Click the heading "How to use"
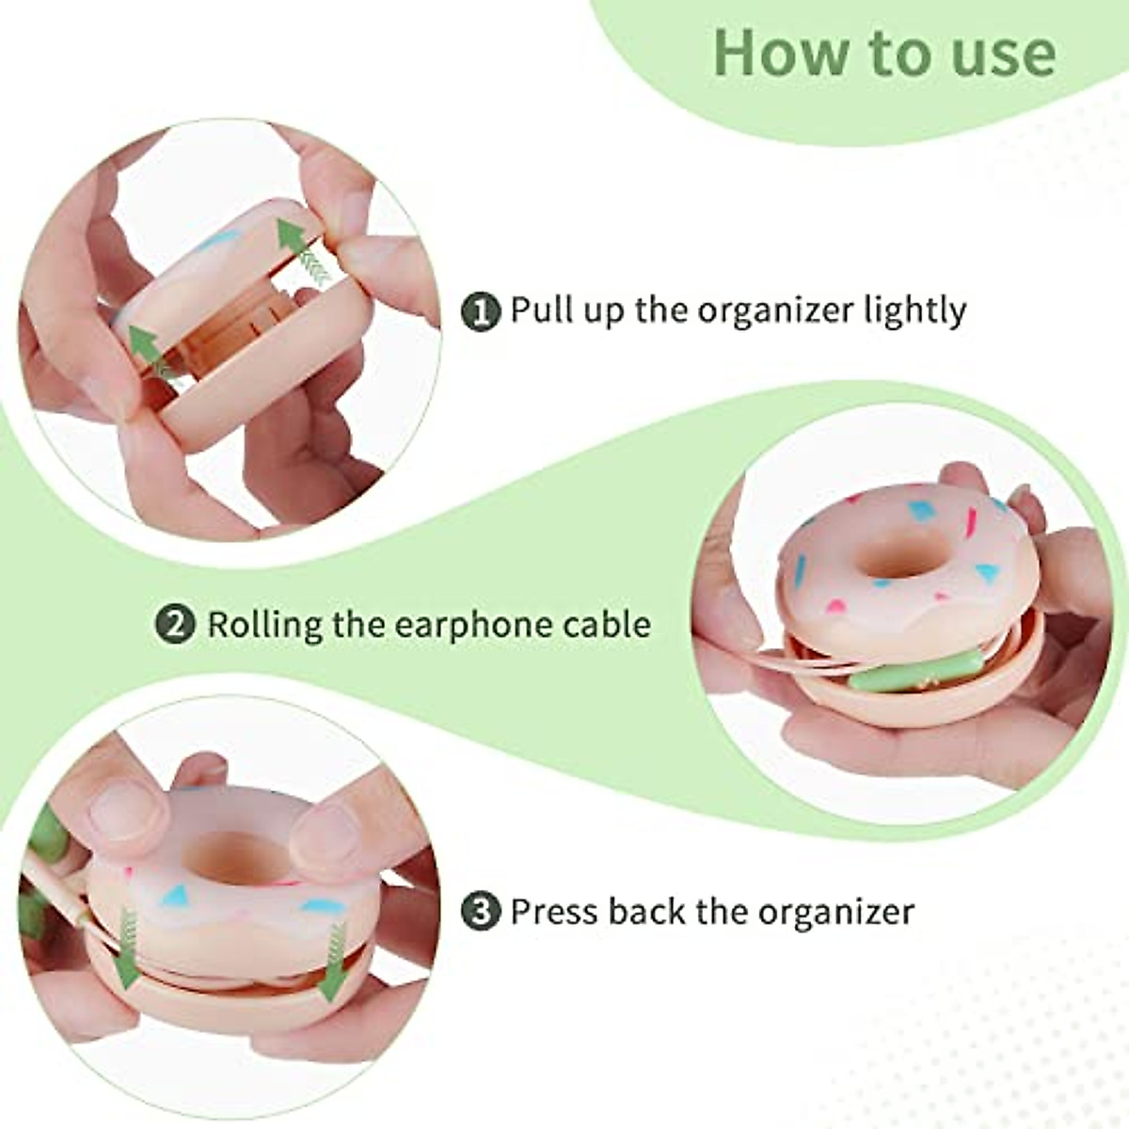coord(883,54)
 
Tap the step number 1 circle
coord(482,311)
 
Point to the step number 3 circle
coord(482,912)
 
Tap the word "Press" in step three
coord(554,912)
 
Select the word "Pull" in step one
coord(539,311)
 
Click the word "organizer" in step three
coord(835,912)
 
